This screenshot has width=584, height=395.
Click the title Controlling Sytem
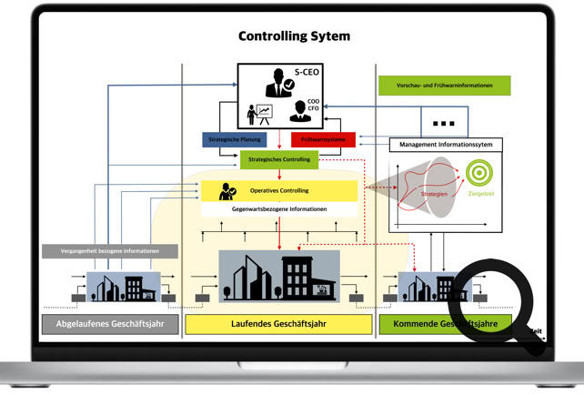point(294,36)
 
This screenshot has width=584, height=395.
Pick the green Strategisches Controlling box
point(278,159)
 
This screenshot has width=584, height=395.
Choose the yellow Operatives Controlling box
point(278,191)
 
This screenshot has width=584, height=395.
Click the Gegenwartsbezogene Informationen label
point(279,209)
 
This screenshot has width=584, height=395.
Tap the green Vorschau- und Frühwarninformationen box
point(444,86)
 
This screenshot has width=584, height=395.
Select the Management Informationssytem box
point(445,145)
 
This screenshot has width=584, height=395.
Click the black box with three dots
point(444,122)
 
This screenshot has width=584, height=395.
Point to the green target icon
point(479,173)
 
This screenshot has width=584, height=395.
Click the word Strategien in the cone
point(435,194)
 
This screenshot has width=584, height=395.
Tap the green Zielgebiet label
point(480,194)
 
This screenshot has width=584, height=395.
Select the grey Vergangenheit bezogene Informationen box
point(109,251)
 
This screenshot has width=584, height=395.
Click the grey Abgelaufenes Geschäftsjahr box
point(109,324)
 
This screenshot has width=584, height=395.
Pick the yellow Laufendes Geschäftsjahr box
point(278,324)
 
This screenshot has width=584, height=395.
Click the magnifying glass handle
point(533,340)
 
